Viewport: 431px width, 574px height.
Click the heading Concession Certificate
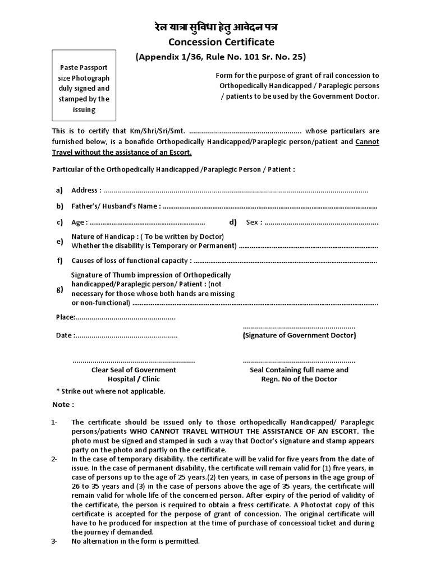point(216,42)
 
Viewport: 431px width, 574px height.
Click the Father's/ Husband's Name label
point(116,206)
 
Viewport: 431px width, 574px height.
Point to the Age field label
point(79,222)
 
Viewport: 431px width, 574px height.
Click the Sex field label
point(254,222)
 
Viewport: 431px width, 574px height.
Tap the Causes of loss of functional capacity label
point(131,261)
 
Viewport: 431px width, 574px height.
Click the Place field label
point(65,317)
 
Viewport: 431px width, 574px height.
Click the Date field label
point(65,335)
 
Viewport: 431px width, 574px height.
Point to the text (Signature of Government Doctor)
point(299,335)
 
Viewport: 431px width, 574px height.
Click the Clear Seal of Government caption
point(134,370)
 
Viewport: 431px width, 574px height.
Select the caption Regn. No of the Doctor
point(299,379)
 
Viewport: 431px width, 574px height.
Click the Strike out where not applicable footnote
point(111,391)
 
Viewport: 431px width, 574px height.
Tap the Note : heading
point(64,405)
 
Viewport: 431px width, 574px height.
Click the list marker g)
point(59,289)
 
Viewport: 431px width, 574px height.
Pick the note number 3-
point(54,541)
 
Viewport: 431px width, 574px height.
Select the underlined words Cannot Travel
point(368,142)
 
